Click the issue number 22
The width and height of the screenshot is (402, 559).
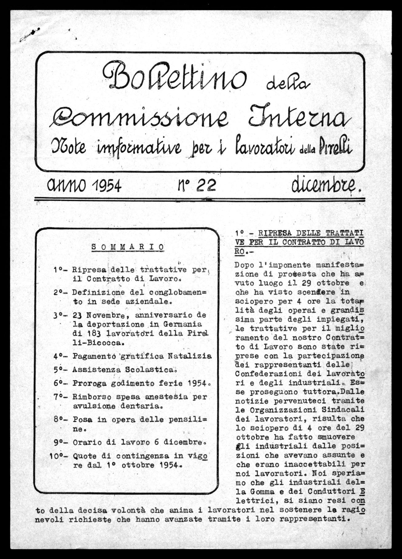pos(207,185)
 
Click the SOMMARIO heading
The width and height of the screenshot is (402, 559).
pos(128,247)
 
